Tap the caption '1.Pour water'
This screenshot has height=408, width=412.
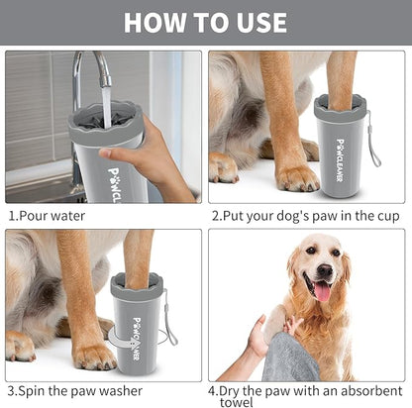(x=48, y=215)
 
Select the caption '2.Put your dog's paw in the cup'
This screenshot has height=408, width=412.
(x=304, y=215)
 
